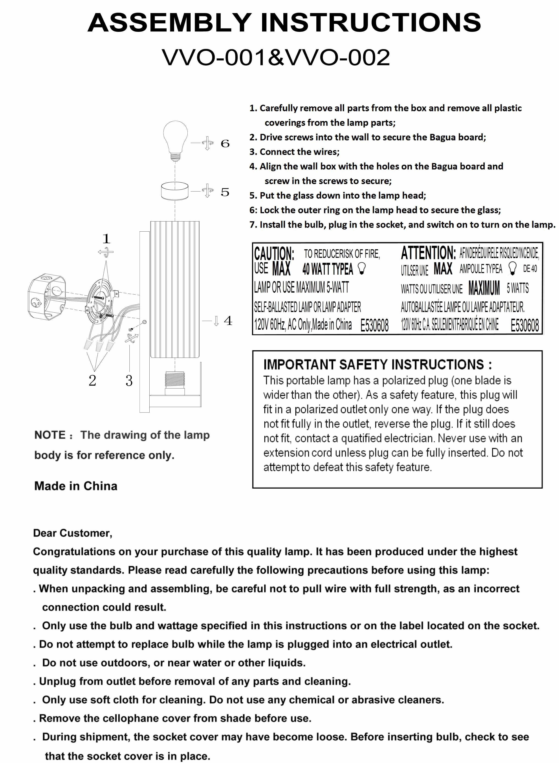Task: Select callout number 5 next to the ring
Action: point(225,192)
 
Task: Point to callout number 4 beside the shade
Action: point(228,320)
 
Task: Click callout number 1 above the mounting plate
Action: point(106,239)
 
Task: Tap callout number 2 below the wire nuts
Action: point(92,381)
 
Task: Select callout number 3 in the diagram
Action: point(129,381)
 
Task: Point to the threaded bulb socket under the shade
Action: point(175,382)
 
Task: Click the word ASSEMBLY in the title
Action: point(169,23)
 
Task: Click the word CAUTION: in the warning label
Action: point(274,254)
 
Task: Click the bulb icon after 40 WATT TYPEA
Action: point(362,269)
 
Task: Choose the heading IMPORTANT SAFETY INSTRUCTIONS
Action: point(377,365)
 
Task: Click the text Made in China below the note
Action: point(76,486)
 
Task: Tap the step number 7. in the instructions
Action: point(253,225)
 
